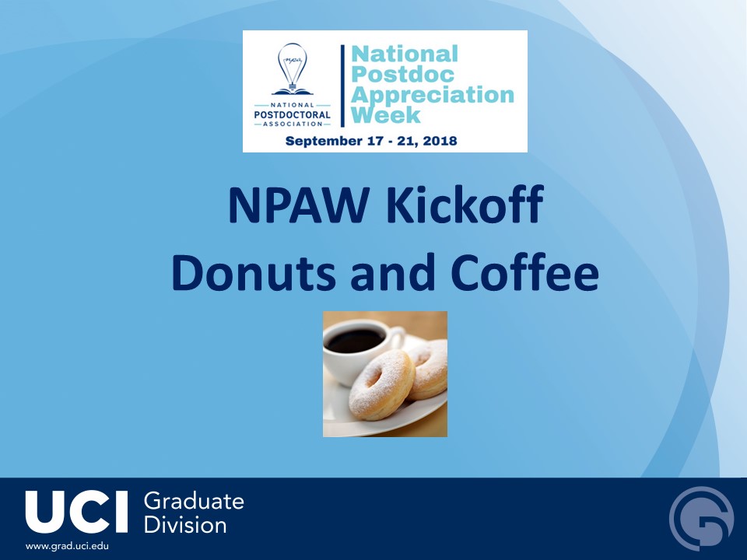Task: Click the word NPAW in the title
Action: click(299, 205)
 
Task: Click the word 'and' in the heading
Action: click(393, 272)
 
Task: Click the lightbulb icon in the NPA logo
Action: click(292, 66)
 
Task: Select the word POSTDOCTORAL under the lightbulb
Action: click(292, 115)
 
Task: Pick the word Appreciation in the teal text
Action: click(433, 95)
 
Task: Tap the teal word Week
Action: click(386, 115)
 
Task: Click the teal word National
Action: click(405, 54)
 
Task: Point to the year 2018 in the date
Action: click(440, 141)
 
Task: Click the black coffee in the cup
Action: click(355, 340)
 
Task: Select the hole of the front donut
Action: click(374, 378)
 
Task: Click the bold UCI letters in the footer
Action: click(77, 512)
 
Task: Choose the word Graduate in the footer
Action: click(194, 502)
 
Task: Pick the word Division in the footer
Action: click(185, 525)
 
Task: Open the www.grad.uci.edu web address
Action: click(67, 546)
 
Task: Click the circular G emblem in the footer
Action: click(702, 519)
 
